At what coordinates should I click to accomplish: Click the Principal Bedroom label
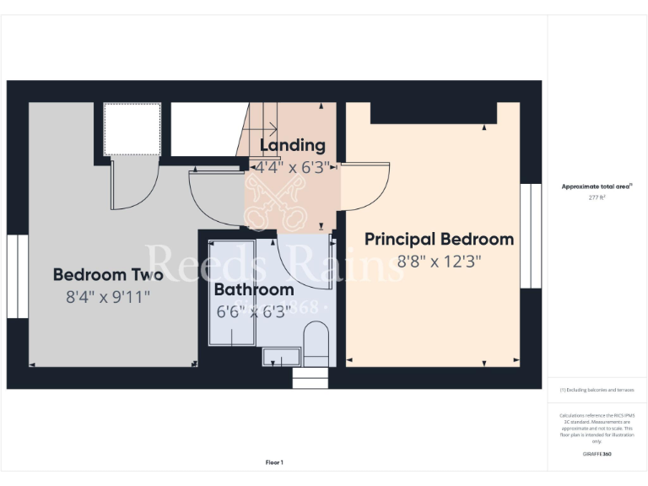[x=439, y=240]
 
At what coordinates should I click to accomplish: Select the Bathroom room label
[x=254, y=290]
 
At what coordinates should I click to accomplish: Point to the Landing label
[x=292, y=146]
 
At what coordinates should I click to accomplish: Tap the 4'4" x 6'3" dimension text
[x=292, y=167]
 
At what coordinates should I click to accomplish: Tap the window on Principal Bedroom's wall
[x=531, y=235]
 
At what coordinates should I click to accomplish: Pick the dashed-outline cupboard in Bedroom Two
[x=132, y=129]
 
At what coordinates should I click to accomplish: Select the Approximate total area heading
[x=596, y=186]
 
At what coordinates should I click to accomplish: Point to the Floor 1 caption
[x=274, y=462]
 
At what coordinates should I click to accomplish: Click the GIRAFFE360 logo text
[x=596, y=454]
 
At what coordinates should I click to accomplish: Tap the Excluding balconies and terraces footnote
[x=597, y=390]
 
